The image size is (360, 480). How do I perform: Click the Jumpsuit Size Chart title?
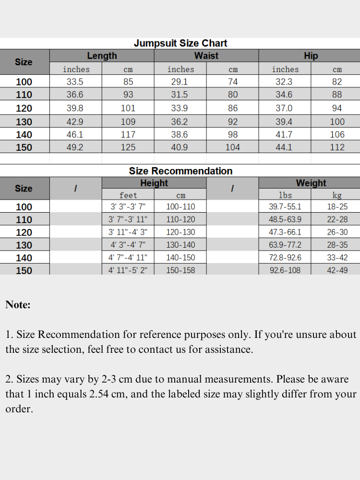pos(180,43)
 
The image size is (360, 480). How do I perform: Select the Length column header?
pos(102,56)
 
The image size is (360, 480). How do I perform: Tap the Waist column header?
pos(206,56)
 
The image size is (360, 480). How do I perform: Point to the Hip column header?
pos(311,56)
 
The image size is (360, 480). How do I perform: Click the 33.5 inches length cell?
pos(75,82)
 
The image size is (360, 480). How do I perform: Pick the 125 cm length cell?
pos(128,147)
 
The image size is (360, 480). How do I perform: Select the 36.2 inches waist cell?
pos(180,122)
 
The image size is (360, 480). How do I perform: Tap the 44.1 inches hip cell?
pos(284,147)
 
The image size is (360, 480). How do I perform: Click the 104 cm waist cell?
pos(232,147)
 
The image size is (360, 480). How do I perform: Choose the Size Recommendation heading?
pos(180,171)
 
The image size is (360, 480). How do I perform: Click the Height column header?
pos(154,183)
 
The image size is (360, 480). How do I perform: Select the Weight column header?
pos(311,183)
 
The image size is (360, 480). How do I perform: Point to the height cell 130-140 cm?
pos(180,245)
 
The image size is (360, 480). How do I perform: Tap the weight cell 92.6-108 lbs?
pos(285,270)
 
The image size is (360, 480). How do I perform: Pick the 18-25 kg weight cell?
pos(337,207)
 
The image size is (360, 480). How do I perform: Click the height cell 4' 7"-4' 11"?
pos(128,258)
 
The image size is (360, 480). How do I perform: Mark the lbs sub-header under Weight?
pos(285,195)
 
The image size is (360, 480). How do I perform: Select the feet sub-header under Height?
pos(128,195)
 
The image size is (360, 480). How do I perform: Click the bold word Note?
pos(18,304)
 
